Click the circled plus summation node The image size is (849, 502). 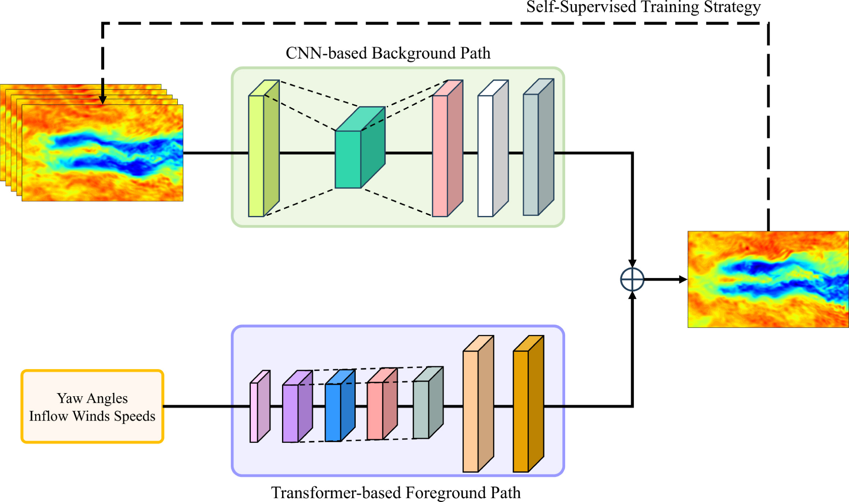[x=632, y=279]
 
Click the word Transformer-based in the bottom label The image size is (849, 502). [x=336, y=492]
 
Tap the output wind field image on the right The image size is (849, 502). [x=768, y=279]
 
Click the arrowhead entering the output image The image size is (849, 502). [x=683, y=279]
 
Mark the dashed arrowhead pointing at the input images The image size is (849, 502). [x=103, y=100]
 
